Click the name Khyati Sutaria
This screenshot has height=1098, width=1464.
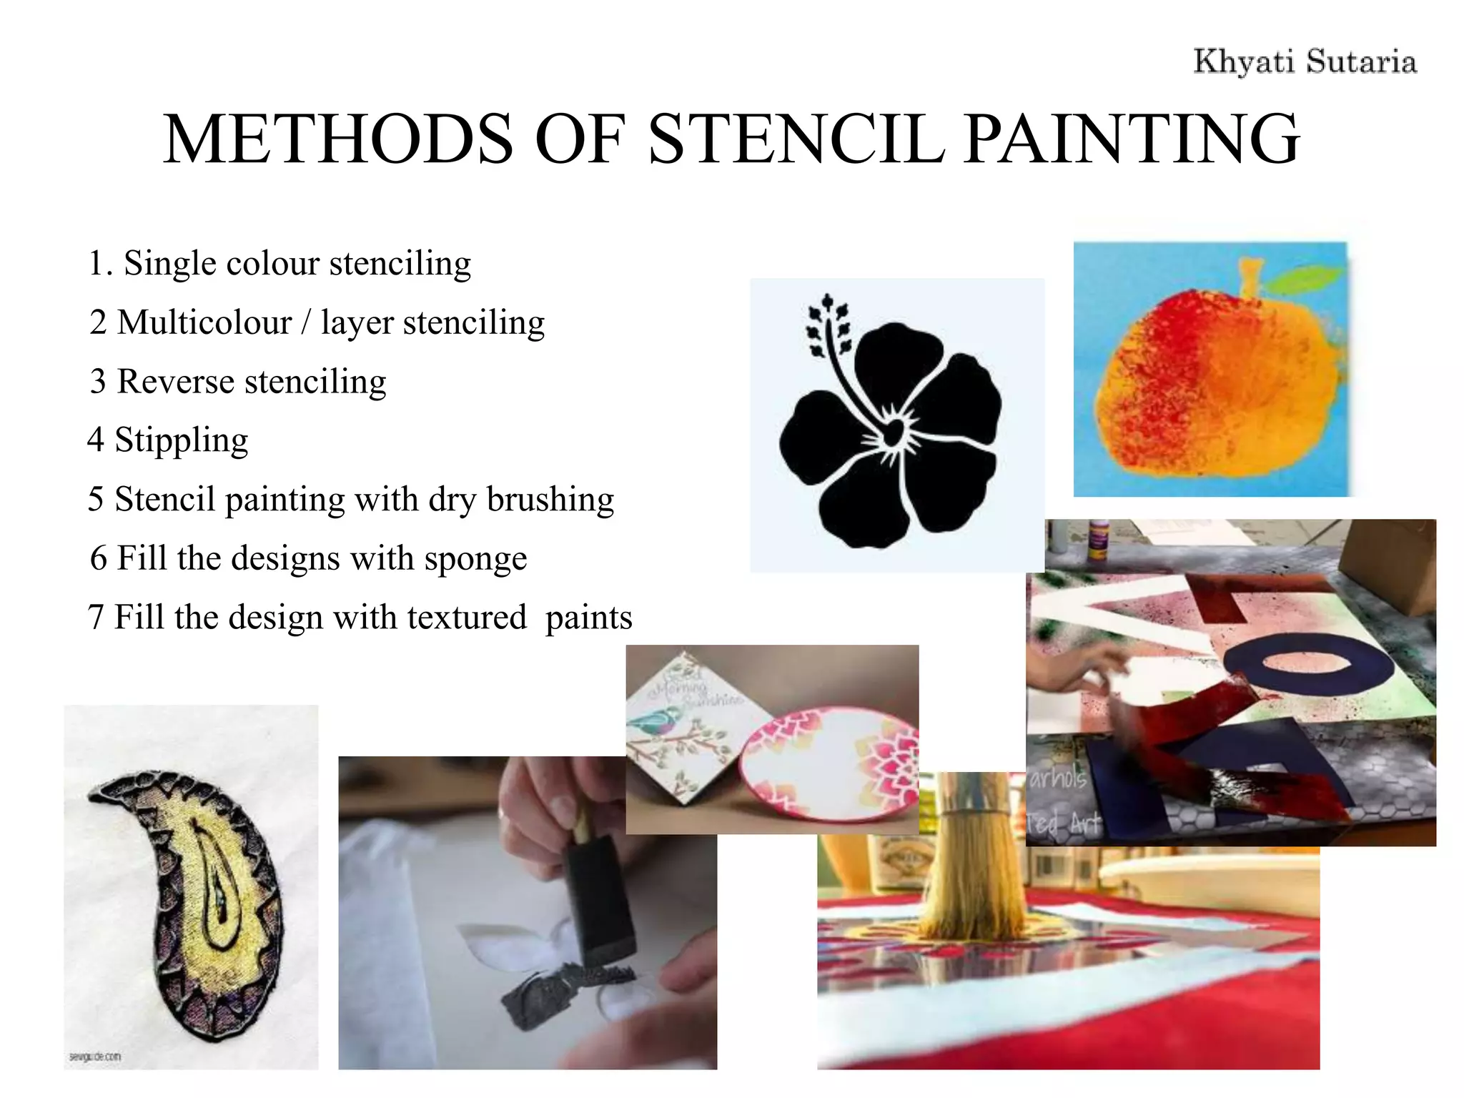[1305, 61]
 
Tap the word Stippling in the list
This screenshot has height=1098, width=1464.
[182, 440]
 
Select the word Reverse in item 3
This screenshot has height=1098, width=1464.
[175, 381]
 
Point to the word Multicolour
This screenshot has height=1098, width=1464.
[204, 322]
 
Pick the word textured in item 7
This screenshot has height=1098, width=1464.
[466, 617]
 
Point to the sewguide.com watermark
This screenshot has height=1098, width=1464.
[95, 1057]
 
